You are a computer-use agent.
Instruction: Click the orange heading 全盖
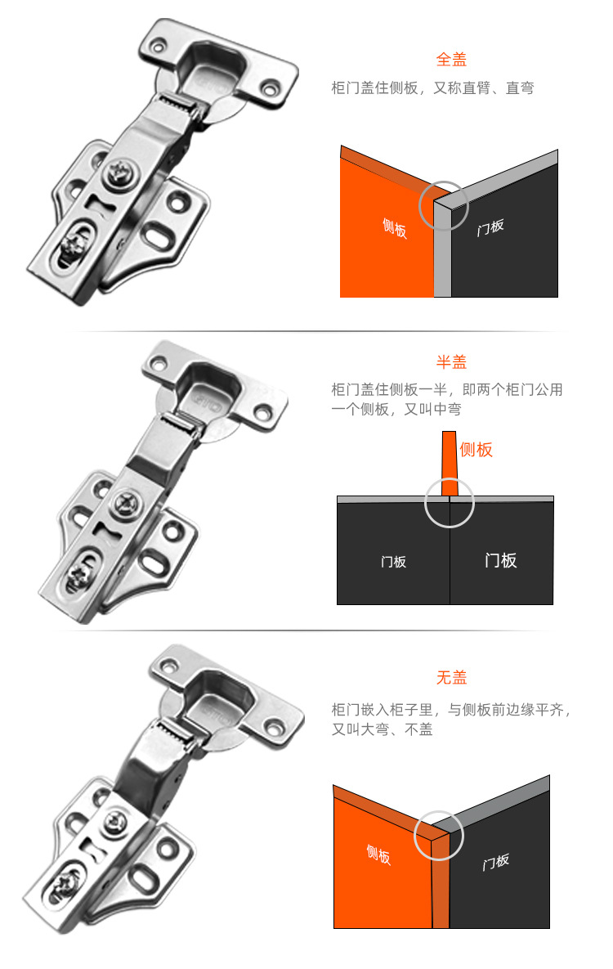click(x=451, y=60)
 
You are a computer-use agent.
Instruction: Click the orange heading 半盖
click(x=451, y=362)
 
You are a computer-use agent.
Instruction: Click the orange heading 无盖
click(x=451, y=678)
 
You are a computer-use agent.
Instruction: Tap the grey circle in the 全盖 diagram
click(x=444, y=204)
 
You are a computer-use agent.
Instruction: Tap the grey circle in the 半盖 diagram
click(x=450, y=503)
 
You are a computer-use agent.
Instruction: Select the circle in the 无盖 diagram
click(x=439, y=836)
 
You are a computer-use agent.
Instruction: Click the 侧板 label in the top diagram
click(x=394, y=227)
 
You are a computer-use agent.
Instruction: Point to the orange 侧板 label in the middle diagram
click(x=476, y=449)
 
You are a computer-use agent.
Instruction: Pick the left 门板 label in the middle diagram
click(x=393, y=562)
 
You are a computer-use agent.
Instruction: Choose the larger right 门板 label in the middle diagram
click(x=500, y=560)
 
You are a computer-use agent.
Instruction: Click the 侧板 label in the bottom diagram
click(x=378, y=855)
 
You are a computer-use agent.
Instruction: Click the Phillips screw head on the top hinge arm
click(x=116, y=172)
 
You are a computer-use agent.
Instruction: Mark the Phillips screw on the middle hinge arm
click(x=128, y=499)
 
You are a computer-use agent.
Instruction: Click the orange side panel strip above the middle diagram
click(x=449, y=463)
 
